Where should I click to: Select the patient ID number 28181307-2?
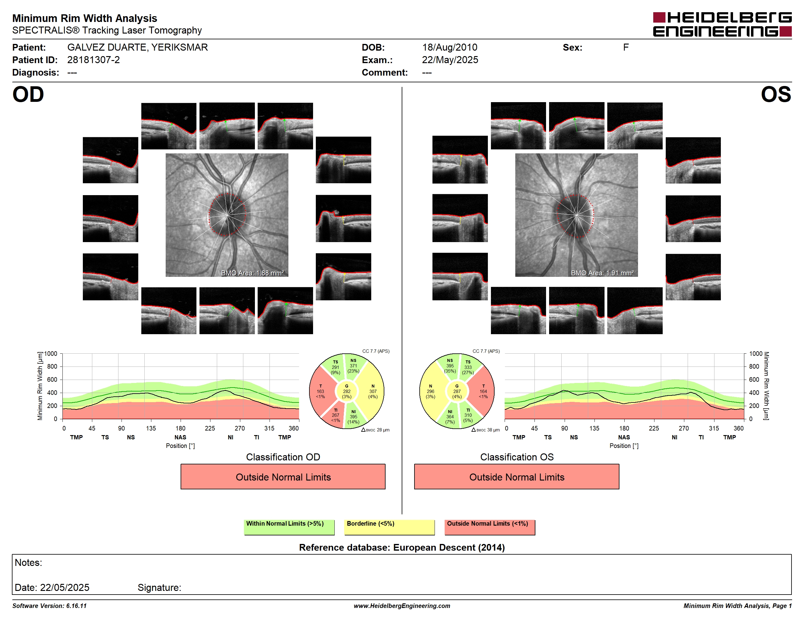tap(93, 60)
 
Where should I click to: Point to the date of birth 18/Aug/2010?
tap(450, 47)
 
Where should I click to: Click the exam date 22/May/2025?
tap(450, 60)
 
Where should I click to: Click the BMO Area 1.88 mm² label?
tap(252, 273)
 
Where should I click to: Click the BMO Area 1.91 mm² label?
tap(602, 273)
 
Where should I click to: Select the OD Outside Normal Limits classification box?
tap(283, 477)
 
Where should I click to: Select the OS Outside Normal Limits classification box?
tap(517, 477)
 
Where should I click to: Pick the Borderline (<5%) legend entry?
tap(389, 527)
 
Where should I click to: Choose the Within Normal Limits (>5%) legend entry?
tap(289, 527)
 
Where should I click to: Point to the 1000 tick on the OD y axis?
tap(51, 354)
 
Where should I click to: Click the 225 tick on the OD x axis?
tap(210, 428)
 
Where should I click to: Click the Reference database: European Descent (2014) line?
tap(402, 548)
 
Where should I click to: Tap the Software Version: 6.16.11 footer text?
tap(49, 606)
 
